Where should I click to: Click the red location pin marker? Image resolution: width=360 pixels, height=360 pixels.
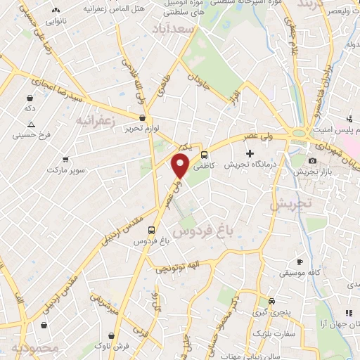click(181, 166)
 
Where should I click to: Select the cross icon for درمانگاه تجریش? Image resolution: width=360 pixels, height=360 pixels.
click(249, 153)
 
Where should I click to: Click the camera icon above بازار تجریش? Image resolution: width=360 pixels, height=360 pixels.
click(312, 161)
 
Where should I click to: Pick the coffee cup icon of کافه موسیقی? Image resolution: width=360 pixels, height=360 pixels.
click(300, 262)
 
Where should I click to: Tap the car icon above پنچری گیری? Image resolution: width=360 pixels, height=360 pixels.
click(261, 300)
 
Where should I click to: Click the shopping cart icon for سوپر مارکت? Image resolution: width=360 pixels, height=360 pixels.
click(65, 160)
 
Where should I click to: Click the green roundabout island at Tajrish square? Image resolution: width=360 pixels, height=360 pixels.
click(300, 131)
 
